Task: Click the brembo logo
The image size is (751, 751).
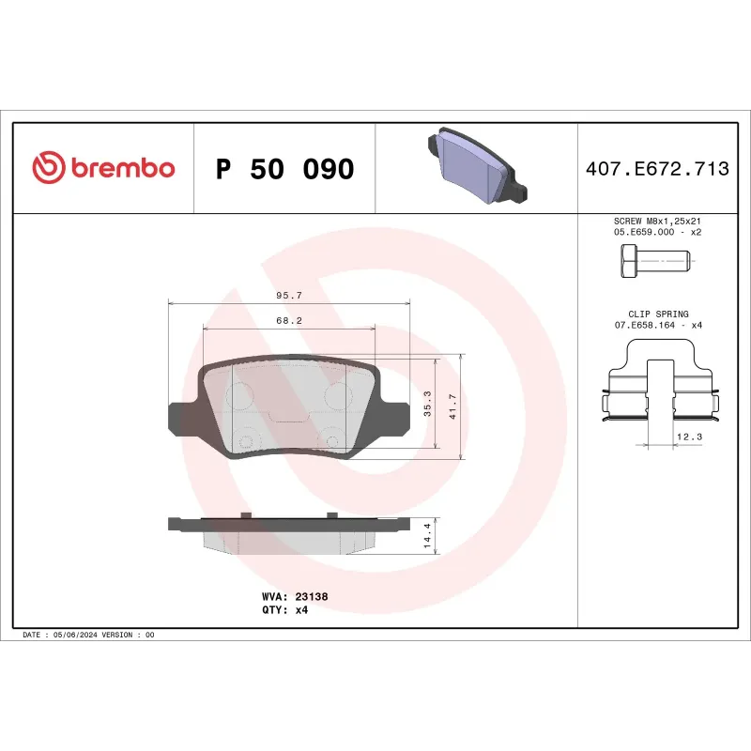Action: coord(103,169)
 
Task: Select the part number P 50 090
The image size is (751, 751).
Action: coord(284,170)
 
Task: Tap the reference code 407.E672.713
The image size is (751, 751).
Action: coord(656,170)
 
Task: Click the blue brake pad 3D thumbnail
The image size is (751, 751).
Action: coord(476,167)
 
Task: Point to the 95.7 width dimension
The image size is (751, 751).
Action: coord(288,296)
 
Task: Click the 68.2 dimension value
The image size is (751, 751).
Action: coord(288,320)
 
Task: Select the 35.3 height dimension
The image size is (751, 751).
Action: coord(427,404)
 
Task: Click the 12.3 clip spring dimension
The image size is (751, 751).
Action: coord(687,437)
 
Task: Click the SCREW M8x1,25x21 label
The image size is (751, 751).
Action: coord(657,221)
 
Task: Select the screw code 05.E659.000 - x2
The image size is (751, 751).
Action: coord(657,231)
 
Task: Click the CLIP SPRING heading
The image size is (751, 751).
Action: coord(658,314)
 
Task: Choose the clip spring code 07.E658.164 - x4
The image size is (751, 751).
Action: coord(658,325)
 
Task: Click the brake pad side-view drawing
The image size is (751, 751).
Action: coord(289,532)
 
